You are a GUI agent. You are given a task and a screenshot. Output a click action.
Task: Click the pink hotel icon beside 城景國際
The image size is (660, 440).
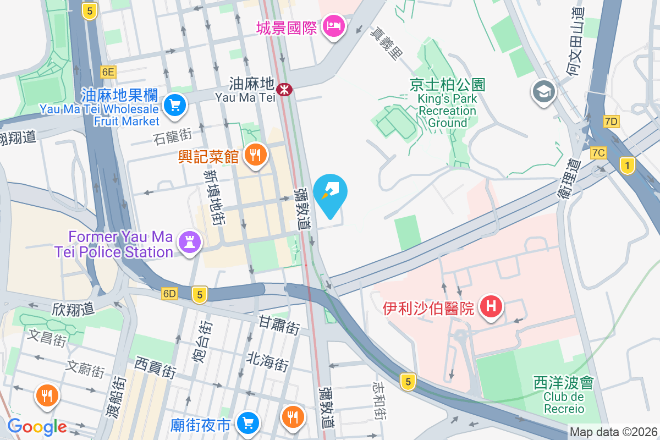[333, 25]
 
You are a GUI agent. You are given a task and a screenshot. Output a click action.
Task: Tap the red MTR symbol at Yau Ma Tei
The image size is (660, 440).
[284, 89]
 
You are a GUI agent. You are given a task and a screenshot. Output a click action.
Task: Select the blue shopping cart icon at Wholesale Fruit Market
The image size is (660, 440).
[175, 104]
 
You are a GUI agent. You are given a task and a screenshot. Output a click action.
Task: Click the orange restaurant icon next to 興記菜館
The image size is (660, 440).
[254, 155]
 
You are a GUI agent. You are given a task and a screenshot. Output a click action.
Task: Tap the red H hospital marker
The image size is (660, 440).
[491, 306]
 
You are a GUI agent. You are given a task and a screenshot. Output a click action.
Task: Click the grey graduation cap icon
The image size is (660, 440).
[544, 92]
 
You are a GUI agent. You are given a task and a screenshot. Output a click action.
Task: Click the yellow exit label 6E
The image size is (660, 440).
[108, 71]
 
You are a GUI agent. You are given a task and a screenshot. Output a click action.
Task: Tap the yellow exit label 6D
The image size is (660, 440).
[169, 294]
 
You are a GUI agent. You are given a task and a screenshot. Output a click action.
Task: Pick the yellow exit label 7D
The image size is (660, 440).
[611, 122]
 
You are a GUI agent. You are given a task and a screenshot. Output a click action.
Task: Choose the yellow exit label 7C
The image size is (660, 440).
[598, 152]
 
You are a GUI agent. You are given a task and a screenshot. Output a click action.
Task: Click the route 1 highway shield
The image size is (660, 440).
[626, 165]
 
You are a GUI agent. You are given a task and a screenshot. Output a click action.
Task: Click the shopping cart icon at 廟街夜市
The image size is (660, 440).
[248, 422]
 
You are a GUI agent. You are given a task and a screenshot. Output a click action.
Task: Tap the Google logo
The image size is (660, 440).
[37, 427]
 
